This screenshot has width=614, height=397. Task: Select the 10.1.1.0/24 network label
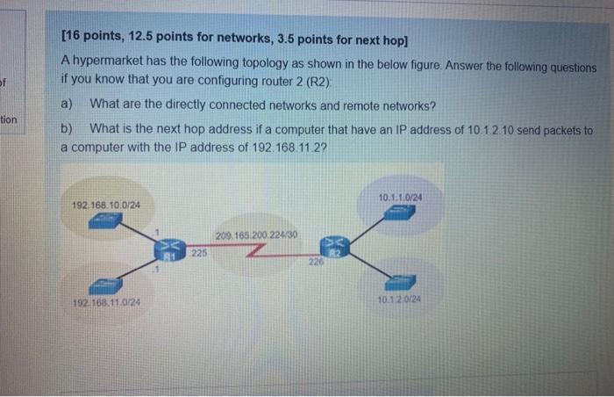[401, 197]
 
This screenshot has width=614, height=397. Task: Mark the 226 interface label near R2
[315, 261]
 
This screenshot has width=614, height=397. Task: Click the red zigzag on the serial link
[254, 253]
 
